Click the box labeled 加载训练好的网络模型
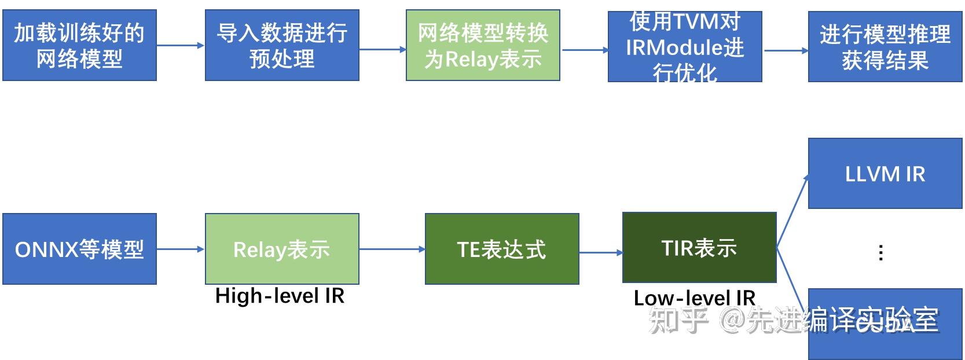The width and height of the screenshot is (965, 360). point(79,45)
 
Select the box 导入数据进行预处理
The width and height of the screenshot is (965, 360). point(282,45)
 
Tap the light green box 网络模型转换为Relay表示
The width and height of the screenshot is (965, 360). point(483,45)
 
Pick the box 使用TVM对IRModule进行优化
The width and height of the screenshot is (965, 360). point(684,46)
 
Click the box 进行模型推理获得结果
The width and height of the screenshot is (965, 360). point(885,46)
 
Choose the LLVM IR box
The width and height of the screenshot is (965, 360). point(885,174)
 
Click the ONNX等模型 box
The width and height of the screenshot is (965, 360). point(79,249)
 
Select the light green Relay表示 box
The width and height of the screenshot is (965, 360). point(282,249)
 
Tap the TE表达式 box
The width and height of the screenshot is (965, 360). point(502,249)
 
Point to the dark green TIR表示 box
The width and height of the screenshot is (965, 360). point(699,248)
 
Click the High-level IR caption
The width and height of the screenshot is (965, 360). point(280,296)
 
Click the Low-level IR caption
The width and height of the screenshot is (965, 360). point(694,298)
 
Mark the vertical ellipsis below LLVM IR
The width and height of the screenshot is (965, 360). point(880,252)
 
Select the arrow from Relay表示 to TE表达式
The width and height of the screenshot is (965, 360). point(392,249)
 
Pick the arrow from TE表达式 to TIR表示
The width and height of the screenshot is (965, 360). point(600,252)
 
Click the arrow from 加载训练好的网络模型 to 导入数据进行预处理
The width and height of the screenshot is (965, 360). point(181,45)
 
